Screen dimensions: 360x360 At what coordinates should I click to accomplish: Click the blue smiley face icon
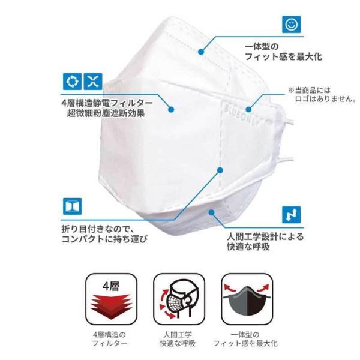tap(292, 25)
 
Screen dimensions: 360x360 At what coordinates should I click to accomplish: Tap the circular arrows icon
tap(72, 82)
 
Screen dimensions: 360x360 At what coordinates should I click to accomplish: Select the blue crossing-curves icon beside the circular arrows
tap(93, 82)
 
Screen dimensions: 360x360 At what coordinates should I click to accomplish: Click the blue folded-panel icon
tap(73, 206)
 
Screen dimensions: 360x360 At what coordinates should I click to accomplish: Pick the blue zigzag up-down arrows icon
tap(292, 215)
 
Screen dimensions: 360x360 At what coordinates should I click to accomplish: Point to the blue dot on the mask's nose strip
tap(201, 52)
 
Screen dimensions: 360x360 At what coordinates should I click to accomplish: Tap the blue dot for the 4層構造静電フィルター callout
tap(171, 110)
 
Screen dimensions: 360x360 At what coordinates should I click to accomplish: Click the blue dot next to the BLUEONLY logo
tap(248, 109)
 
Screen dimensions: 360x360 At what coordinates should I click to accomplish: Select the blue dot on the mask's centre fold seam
tap(220, 170)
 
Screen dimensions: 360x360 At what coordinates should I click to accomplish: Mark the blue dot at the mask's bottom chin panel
tap(212, 212)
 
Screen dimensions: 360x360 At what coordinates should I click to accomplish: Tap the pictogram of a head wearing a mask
tap(179, 299)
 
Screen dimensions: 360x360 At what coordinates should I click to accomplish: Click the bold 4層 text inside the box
tap(111, 286)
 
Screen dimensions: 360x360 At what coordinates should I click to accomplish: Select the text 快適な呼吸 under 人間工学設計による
tap(248, 247)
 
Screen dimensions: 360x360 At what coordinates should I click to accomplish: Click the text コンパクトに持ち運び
tap(104, 239)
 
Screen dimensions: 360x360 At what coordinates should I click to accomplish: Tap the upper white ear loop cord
tap(289, 121)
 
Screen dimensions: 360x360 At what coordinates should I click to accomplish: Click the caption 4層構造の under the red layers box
tap(110, 335)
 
